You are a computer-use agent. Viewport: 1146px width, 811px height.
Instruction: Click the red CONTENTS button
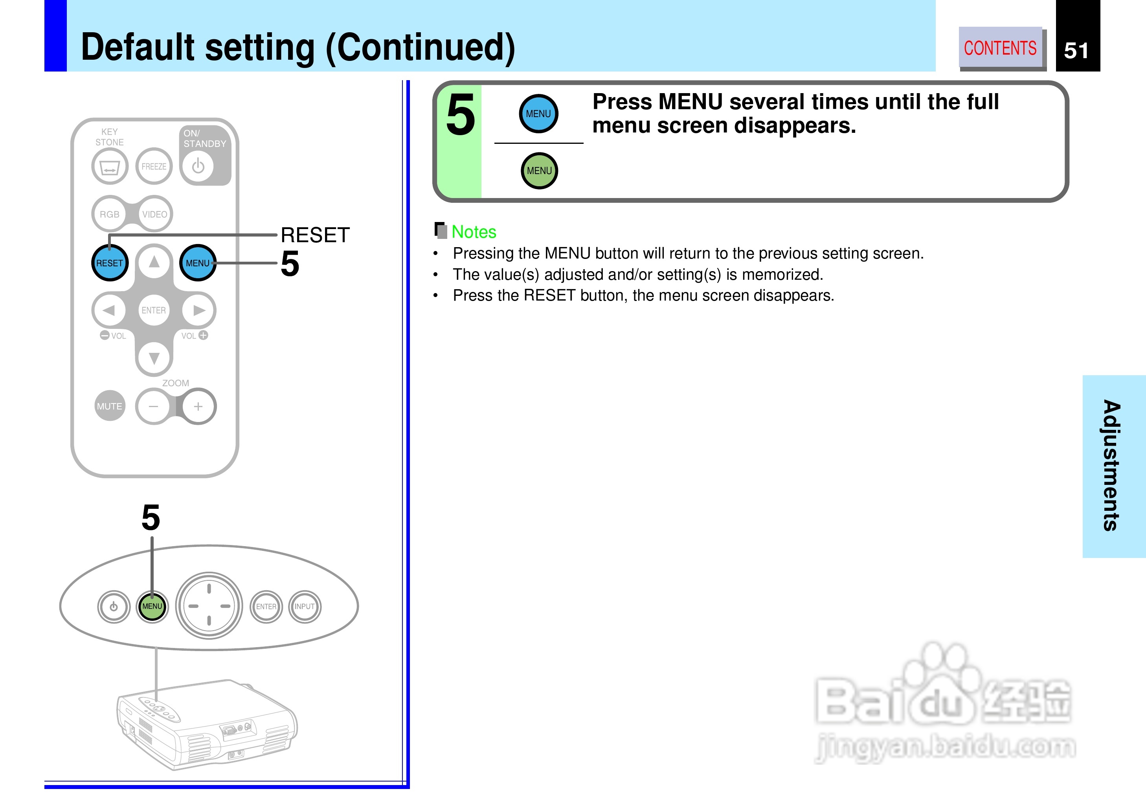tap(1000, 48)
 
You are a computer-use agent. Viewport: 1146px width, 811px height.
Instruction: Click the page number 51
tap(1076, 50)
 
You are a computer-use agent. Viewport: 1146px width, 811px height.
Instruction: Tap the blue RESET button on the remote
tap(109, 263)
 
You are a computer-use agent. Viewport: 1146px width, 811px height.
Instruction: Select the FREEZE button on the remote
tap(154, 166)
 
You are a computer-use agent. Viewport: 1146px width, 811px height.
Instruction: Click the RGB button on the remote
tap(109, 214)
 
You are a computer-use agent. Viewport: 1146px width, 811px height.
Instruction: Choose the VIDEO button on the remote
tap(155, 214)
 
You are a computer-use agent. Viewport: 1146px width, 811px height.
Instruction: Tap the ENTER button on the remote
tap(153, 310)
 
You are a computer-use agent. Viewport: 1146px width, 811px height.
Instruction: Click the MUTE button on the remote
tap(109, 406)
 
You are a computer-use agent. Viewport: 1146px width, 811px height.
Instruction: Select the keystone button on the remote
tap(109, 167)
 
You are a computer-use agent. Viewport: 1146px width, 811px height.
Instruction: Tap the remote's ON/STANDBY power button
tap(198, 166)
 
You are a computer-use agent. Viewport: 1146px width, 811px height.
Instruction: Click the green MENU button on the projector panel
tap(152, 606)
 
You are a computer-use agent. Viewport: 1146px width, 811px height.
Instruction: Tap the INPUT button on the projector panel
tap(305, 606)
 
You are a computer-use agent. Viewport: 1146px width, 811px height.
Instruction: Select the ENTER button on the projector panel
tap(266, 606)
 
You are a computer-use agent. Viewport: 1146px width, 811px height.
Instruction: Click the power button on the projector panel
tap(114, 607)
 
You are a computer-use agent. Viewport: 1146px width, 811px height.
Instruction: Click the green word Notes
tap(474, 232)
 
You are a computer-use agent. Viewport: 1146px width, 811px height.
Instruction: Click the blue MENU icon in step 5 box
tap(538, 114)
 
